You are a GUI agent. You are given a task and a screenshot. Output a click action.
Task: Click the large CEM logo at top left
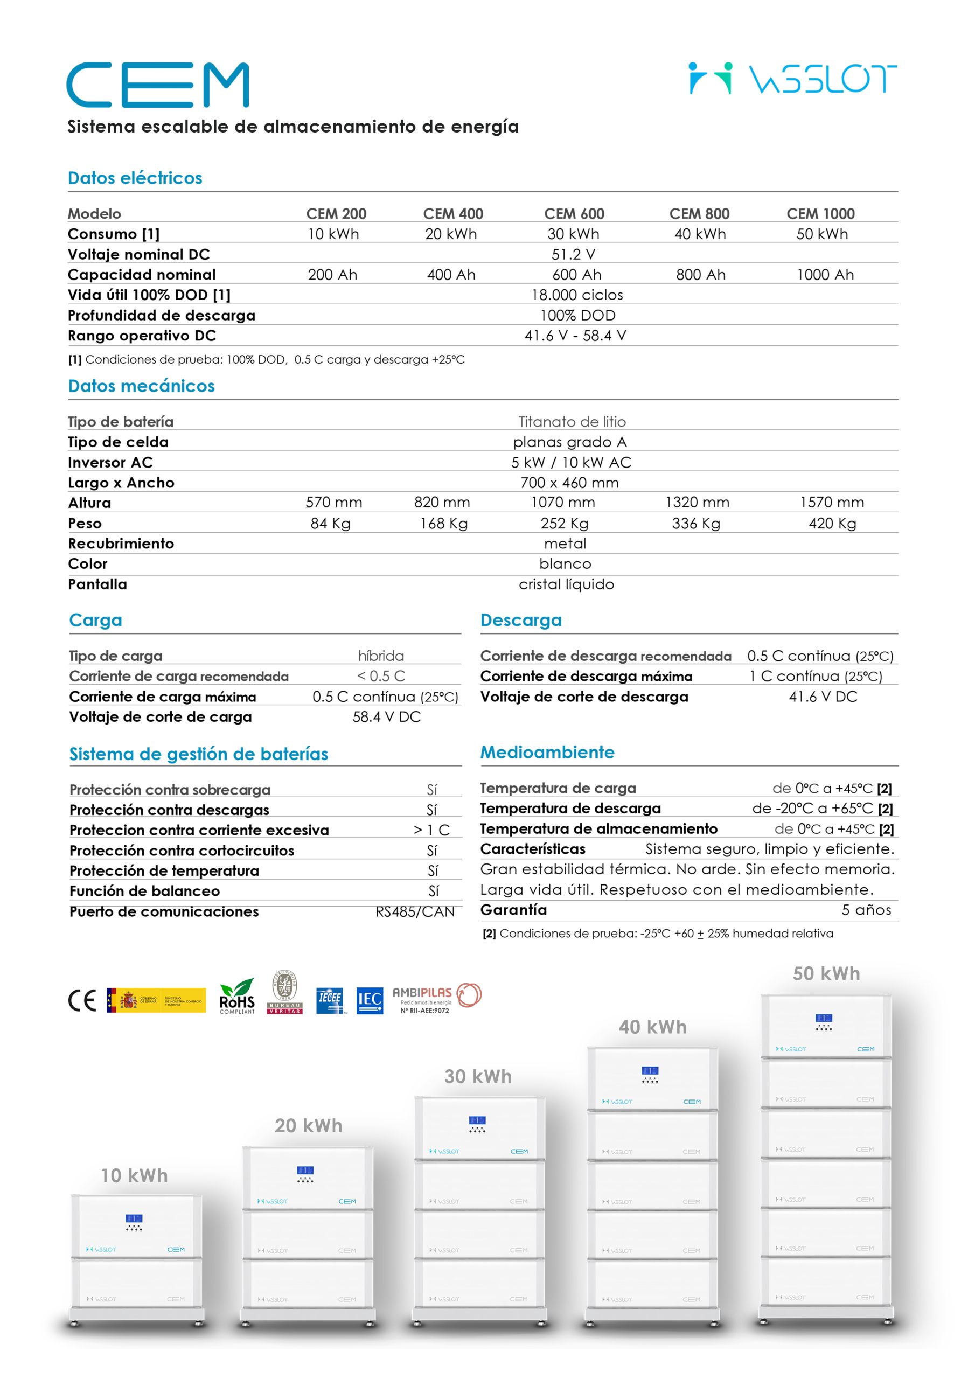[x=157, y=85]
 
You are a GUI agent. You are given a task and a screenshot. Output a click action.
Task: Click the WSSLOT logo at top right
[x=792, y=79]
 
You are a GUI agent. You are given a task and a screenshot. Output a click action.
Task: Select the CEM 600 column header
[x=574, y=214]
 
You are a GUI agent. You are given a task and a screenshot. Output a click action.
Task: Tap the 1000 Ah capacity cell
[x=824, y=275]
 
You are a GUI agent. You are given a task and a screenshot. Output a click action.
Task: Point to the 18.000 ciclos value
[x=577, y=295]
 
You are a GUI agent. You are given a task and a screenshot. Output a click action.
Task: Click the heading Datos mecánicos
[x=141, y=386]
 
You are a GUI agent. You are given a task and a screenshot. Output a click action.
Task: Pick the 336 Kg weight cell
[x=695, y=524]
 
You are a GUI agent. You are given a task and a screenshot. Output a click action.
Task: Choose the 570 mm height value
[x=333, y=503]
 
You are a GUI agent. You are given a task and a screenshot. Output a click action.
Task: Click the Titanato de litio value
[x=572, y=422]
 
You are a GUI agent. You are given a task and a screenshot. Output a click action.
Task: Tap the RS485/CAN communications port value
[x=415, y=912]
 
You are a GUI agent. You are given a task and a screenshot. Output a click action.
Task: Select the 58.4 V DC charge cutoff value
[x=386, y=717]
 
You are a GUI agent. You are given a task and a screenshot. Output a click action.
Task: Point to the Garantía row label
[x=514, y=910]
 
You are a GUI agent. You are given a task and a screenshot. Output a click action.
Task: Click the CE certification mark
[x=82, y=1001]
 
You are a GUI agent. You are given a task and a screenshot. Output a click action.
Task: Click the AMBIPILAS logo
[x=437, y=998]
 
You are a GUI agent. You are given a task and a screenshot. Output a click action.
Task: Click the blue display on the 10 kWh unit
[x=134, y=1218]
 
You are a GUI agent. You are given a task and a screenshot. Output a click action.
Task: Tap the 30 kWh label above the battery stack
[x=478, y=1076]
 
